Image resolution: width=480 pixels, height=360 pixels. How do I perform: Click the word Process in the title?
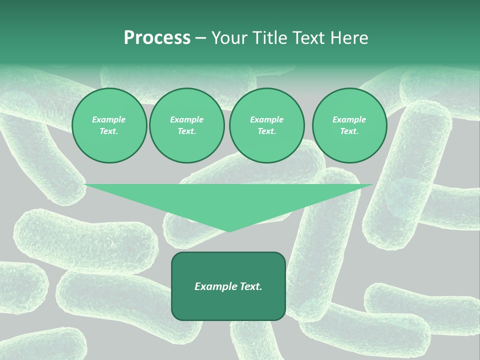point(157,38)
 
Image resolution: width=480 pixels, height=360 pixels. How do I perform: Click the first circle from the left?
point(109,125)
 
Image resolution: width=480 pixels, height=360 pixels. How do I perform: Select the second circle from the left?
point(187,125)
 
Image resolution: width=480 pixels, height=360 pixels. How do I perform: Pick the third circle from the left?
point(267,125)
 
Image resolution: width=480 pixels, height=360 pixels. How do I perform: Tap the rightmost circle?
point(349,125)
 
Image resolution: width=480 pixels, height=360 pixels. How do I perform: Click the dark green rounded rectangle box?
point(228,305)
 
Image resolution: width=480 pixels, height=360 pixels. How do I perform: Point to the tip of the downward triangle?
point(229,231)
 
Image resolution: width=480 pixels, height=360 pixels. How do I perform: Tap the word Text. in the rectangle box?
point(250,286)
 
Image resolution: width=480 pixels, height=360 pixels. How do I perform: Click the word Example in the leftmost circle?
point(109,119)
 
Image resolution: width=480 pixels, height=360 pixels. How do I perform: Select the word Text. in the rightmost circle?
point(349,131)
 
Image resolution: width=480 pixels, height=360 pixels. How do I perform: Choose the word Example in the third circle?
point(267,119)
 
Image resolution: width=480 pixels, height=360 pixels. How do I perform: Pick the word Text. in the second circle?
point(187,131)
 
